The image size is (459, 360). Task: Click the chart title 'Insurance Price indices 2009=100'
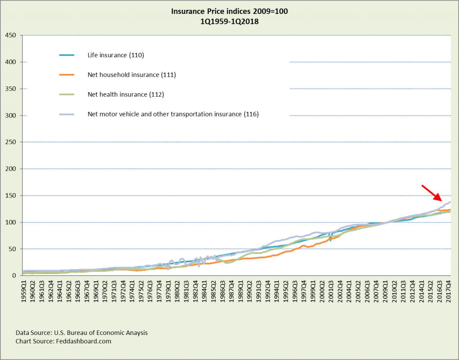pos(229,11)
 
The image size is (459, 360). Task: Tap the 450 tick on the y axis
pos(11,35)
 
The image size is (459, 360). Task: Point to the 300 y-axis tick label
pos(11,116)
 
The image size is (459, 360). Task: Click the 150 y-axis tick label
pos(11,196)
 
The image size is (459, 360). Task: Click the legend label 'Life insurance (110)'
pos(116,55)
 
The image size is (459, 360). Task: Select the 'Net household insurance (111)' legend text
pos(131,75)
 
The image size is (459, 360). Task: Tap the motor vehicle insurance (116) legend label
pos(173,114)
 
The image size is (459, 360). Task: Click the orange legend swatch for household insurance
pos(69,75)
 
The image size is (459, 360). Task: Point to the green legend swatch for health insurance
pos(69,94)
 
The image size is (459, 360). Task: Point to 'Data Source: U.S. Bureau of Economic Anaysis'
pos(82,333)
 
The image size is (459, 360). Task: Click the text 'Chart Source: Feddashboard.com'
pos(63,341)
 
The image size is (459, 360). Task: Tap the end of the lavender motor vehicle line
pos(450,201)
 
